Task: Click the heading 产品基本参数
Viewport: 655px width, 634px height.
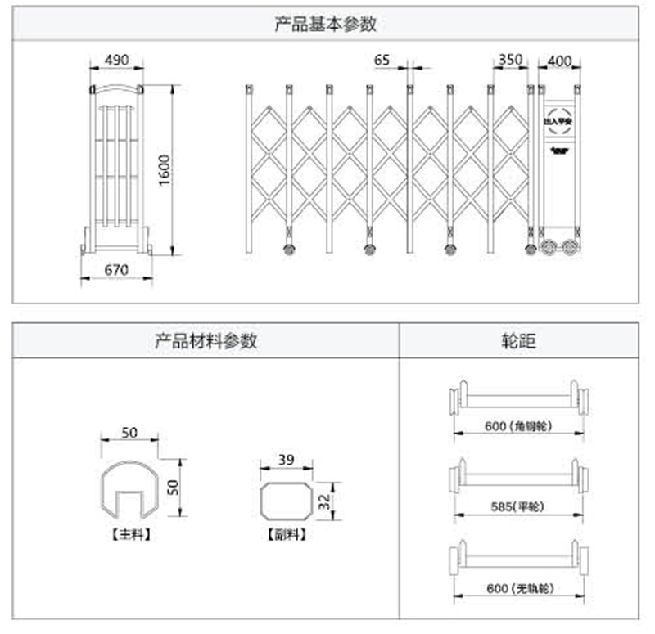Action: [326, 24]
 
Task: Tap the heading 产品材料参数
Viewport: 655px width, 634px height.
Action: [206, 340]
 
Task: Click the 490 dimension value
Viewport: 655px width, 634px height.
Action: [116, 60]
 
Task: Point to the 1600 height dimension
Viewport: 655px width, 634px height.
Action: [165, 170]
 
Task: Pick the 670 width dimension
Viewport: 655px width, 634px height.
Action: [116, 268]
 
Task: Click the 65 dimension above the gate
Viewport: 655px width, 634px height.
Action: [382, 60]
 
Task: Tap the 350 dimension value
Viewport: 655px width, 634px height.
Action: [509, 60]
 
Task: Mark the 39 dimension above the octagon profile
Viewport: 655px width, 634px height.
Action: [285, 460]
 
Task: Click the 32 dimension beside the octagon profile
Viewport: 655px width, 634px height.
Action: [326, 500]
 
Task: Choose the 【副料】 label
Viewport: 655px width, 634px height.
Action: [286, 534]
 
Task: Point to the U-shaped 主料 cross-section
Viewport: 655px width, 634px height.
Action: [128, 492]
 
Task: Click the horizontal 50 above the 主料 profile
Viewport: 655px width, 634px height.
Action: [129, 432]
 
